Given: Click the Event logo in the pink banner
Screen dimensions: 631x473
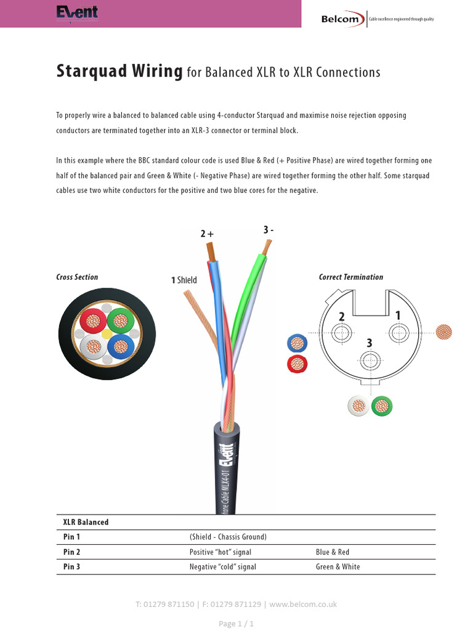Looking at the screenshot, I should click(x=77, y=13).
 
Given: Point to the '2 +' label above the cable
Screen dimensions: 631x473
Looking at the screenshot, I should click(x=207, y=234).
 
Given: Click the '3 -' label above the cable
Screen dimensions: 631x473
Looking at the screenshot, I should click(x=268, y=230).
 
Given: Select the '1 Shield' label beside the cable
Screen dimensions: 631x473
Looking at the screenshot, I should click(x=184, y=280).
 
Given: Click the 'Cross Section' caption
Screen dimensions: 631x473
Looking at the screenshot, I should click(x=77, y=277).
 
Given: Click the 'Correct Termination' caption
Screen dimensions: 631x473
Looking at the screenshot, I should click(x=350, y=277).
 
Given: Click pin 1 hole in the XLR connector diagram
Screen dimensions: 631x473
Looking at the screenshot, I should click(x=397, y=333).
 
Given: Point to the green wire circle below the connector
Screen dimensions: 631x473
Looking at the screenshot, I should click(x=382, y=406).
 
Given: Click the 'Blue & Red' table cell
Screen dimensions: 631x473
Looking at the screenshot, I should click(x=332, y=552).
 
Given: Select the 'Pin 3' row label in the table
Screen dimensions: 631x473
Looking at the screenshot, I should click(x=72, y=567).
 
